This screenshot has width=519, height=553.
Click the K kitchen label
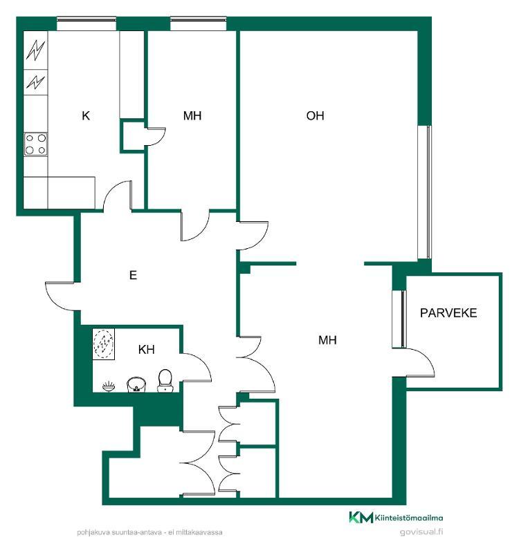[86, 115]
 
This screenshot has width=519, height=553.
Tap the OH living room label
[315, 115]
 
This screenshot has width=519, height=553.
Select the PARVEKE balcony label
[448, 313]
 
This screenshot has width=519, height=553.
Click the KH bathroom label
[146, 350]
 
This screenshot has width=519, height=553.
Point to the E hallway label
[133, 274]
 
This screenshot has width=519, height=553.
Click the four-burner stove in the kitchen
[36, 144]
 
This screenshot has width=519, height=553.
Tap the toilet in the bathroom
[165, 381]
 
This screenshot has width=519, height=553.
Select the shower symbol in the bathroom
[103, 344]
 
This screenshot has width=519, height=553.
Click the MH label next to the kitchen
[192, 115]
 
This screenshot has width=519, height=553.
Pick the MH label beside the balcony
[327, 340]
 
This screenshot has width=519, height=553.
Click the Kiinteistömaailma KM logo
[396, 517]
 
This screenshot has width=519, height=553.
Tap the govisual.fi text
[421, 532]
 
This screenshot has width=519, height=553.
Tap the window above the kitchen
[86, 24]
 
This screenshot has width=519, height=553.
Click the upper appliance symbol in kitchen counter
[36, 50]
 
